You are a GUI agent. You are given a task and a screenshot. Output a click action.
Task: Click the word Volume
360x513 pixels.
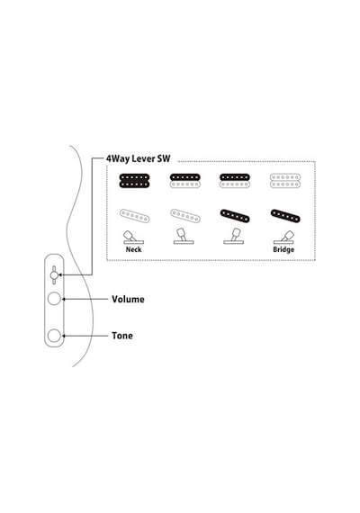coord(128,300)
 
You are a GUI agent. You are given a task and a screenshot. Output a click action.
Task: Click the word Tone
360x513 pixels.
coord(122,336)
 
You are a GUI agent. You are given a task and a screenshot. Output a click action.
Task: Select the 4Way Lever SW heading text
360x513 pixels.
coord(138,158)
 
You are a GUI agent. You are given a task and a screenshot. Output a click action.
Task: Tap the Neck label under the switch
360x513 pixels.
coord(133,249)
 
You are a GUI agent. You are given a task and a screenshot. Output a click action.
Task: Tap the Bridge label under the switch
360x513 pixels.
coord(283,249)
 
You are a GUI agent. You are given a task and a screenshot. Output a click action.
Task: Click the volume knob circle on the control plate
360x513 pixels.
coord(54,299)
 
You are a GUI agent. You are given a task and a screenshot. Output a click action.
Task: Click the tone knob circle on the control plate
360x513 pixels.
coord(54,336)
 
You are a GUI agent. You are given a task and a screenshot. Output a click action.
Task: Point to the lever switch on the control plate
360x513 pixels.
coord(54,275)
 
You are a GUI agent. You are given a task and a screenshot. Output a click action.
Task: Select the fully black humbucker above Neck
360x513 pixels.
coord(134,181)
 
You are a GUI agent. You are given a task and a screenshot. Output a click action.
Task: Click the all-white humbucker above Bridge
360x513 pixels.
coord(285,181)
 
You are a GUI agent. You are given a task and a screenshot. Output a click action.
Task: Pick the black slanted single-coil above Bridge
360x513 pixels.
coord(285,216)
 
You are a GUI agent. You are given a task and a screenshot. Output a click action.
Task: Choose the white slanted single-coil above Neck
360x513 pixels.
coord(134,216)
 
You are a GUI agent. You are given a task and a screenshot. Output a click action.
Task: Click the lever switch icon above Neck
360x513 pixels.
coord(133,238)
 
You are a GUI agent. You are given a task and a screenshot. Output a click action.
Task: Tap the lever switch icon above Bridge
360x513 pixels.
coord(283,238)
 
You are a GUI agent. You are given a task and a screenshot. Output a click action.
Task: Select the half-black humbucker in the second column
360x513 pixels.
coord(184,181)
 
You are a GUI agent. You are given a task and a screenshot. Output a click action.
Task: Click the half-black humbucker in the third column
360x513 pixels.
coord(235,181)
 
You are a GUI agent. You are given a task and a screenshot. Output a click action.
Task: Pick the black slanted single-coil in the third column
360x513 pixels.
coord(235,216)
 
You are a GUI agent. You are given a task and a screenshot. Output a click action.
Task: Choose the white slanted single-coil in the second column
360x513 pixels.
coord(185,216)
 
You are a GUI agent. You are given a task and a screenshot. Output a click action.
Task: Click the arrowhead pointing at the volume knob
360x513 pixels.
coord(64,299)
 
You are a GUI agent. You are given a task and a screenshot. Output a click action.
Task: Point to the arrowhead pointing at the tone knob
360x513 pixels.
coord(64,336)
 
